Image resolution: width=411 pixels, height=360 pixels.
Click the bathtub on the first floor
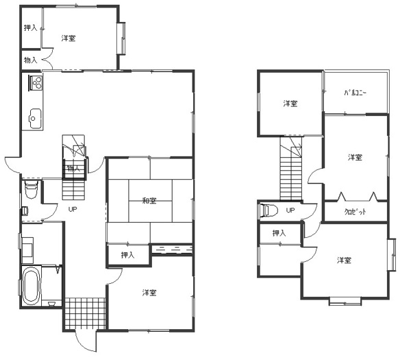click(x=32, y=286)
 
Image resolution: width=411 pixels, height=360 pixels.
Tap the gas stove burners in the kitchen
click(x=36, y=82)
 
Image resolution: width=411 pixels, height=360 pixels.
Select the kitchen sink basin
click(x=35, y=119)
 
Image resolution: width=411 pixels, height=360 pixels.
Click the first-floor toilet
click(x=32, y=189)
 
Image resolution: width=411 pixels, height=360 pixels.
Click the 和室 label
click(x=149, y=201)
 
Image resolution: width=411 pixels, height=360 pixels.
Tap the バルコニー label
click(x=356, y=93)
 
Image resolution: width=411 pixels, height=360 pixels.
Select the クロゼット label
click(x=355, y=212)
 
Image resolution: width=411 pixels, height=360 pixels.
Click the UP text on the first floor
click(x=73, y=209)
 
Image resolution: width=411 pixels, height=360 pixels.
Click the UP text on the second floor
click(x=290, y=211)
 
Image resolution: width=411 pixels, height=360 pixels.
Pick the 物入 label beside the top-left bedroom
click(x=31, y=60)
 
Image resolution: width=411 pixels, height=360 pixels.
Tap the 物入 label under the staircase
click(x=74, y=168)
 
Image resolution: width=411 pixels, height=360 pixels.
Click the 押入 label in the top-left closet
click(x=31, y=27)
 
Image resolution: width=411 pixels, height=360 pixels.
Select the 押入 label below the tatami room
click(x=127, y=255)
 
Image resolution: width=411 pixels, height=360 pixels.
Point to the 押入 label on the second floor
click(x=279, y=232)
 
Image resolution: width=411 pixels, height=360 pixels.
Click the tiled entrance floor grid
click(x=85, y=313)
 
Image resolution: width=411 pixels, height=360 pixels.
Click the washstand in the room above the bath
click(x=27, y=250)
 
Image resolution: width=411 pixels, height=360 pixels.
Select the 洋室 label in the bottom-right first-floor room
click(x=149, y=293)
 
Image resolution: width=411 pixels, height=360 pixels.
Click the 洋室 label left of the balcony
click(x=290, y=104)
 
